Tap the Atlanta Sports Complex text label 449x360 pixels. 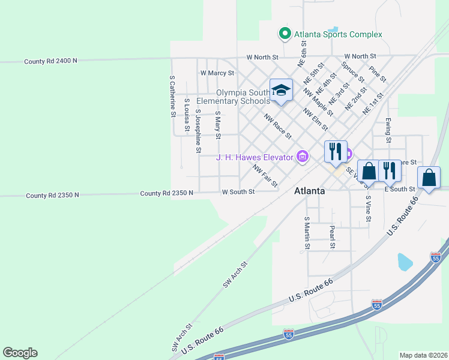(x=338, y=34)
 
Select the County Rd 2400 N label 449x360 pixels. (x=50, y=61)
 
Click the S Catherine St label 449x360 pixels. (x=172, y=95)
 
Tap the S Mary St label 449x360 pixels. (x=218, y=125)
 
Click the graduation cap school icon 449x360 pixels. (x=281, y=90)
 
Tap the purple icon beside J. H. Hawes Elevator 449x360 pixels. (x=303, y=157)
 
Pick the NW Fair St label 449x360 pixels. (x=265, y=176)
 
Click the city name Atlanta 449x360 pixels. (x=309, y=191)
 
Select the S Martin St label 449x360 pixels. (x=307, y=233)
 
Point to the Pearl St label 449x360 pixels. (x=331, y=236)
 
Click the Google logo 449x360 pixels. (x=20, y=353)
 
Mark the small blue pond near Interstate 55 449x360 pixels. (x=405, y=262)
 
